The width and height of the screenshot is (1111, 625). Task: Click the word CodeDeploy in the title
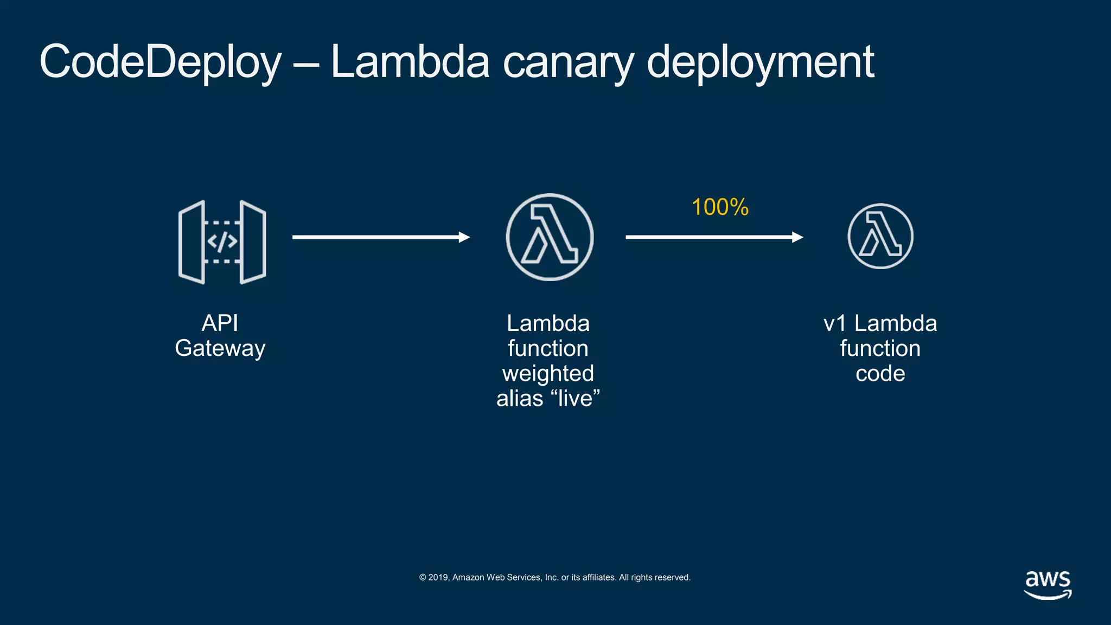click(161, 63)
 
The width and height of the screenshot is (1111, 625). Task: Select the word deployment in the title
click(760, 63)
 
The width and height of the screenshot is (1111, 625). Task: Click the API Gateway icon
click(222, 242)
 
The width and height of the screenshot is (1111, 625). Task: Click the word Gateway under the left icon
click(220, 348)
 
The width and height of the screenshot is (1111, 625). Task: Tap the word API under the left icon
click(220, 323)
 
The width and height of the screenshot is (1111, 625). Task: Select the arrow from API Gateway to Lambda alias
click(380, 237)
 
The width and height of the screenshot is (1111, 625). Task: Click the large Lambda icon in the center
click(550, 237)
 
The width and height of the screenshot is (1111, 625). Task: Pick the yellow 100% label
click(720, 207)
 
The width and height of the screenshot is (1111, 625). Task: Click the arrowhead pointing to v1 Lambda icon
click(797, 237)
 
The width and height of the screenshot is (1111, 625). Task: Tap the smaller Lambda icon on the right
click(880, 236)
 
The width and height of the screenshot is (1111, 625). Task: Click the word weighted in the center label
click(548, 373)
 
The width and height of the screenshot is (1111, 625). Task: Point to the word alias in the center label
click(520, 398)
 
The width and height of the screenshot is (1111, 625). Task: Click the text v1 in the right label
click(835, 324)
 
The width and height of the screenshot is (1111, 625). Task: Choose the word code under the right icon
click(880, 373)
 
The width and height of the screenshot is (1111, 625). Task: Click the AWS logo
click(1048, 584)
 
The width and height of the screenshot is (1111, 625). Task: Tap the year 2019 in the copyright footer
click(438, 577)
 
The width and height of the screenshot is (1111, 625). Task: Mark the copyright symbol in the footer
click(423, 577)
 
